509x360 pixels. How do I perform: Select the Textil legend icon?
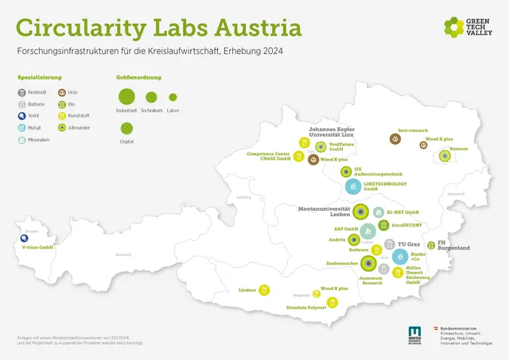click(21, 115)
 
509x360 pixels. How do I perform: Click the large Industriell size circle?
click(127, 98)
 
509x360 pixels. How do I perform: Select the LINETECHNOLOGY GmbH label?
click(386, 187)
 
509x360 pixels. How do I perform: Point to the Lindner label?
click(247, 290)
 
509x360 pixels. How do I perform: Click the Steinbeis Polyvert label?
click(307, 308)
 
